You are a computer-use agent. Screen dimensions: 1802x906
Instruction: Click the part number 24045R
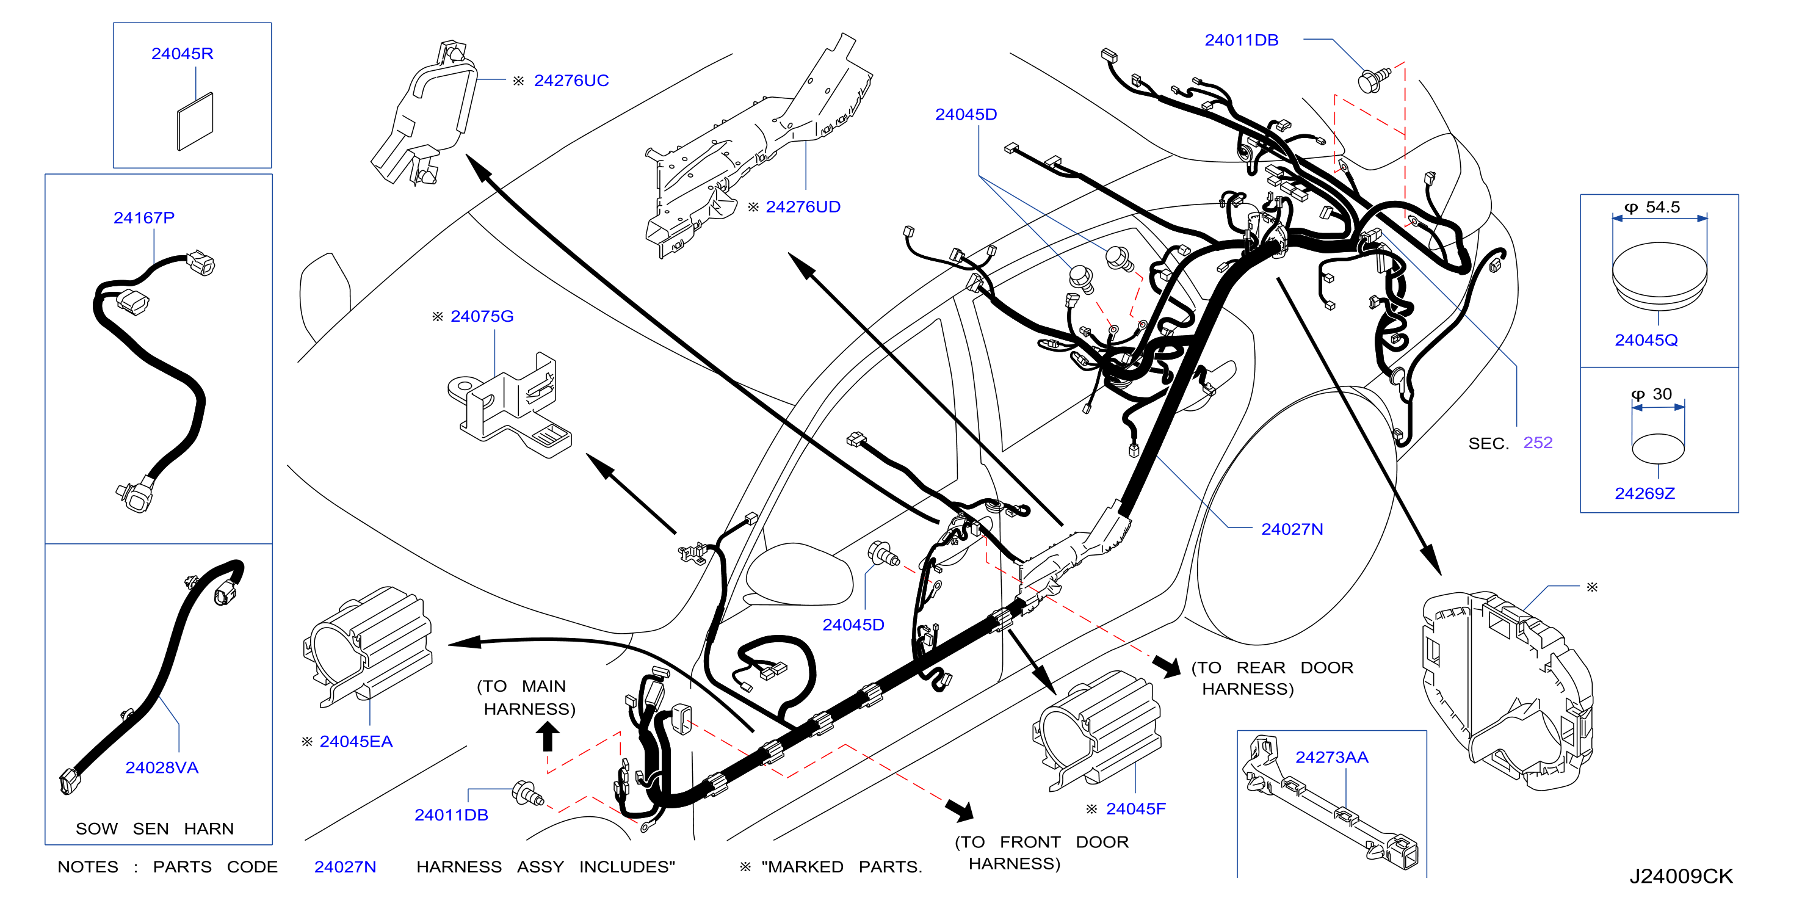pyautogui.click(x=182, y=54)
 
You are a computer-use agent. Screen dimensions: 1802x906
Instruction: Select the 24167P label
pyautogui.click(x=144, y=217)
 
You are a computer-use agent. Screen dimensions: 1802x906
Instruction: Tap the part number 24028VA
pyautogui.click(x=162, y=767)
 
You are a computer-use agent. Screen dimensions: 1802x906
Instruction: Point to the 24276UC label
pyautogui.click(x=571, y=81)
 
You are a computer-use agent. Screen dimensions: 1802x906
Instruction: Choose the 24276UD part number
pyautogui.click(x=803, y=207)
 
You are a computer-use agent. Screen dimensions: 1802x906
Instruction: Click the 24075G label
pyautogui.click(x=482, y=316)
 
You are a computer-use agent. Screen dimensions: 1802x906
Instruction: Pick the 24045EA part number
pyautogui.click(x=356, y=742)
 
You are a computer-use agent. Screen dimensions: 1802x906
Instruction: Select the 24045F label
pyautogui.click(x=1135, y=809)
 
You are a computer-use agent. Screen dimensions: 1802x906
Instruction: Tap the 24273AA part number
pyautogui.click(x=1332, y=757)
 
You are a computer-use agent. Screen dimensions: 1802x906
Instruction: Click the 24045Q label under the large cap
pyautogui.click(x=1646, y=340)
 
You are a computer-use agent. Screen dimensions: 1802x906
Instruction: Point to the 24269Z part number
pyautogui.click(x=1645, y=493)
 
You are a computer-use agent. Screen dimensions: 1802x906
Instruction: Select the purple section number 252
pyautogui.click(x=1538, y=442)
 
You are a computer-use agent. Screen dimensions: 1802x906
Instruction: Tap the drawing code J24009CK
pyautogui.click(x=1681, y=876)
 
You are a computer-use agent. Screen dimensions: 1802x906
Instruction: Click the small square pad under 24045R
pyautogui.click(x=195, y=121)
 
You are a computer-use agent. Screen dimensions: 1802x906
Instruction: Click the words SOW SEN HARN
pyautogui.click(x=154, y=828)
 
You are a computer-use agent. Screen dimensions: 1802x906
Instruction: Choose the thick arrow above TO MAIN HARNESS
pyautogui.click(x=548, y=736)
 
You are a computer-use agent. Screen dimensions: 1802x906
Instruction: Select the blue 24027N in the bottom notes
pyautogui.click(x=345, y=867)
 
